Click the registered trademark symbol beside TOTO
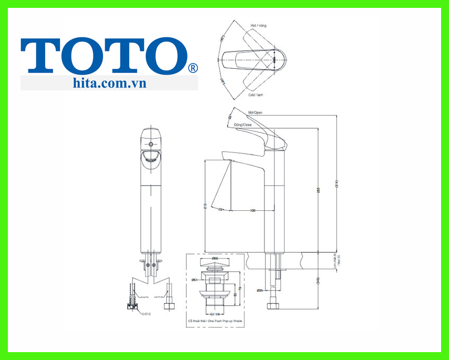point(193,68)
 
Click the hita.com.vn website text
point(110,83)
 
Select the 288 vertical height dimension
point(318,190)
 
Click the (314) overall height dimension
point(336,184)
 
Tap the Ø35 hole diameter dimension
point(260,290)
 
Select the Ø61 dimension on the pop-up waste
point(194,280)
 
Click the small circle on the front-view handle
point(151,143)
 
